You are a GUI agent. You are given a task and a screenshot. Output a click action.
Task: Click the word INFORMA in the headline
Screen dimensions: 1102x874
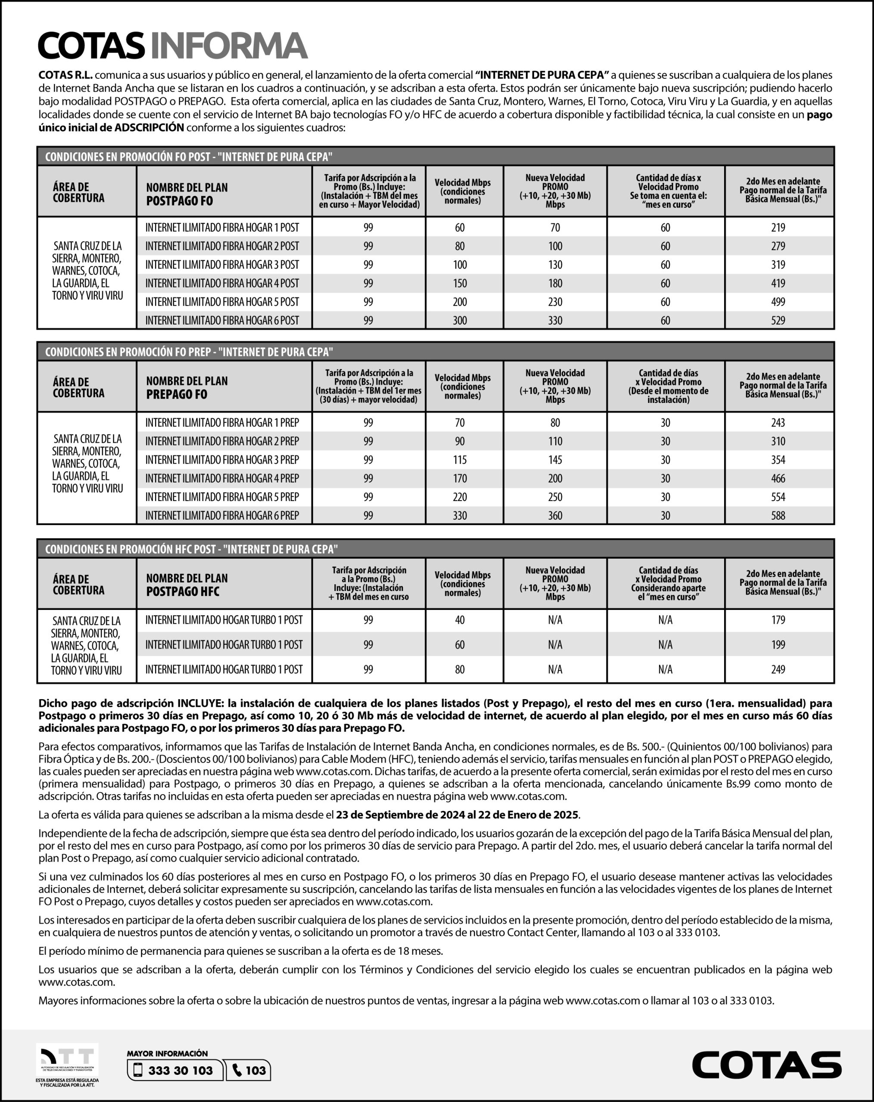click(229, 46)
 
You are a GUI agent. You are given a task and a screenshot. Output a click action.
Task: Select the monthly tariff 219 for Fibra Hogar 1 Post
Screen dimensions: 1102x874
click(778, 227)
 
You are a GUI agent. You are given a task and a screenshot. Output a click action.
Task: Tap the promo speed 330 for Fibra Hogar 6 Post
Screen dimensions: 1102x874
click(555, 320)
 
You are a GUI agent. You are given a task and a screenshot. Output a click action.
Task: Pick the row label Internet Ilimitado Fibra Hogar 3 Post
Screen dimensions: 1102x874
click(222, 265)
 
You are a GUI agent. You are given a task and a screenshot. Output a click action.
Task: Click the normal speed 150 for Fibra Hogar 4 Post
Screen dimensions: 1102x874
click(460, 283)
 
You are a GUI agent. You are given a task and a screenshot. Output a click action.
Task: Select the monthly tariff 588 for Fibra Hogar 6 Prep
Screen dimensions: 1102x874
click(778, 515)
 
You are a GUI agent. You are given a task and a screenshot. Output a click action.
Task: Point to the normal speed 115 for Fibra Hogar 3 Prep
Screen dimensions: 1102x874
click(460, 459)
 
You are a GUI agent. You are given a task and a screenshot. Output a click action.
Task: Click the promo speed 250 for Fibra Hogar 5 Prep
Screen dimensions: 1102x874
click(555, 497)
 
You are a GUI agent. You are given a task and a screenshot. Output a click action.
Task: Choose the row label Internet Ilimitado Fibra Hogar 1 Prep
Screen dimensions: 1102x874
click(222, 423)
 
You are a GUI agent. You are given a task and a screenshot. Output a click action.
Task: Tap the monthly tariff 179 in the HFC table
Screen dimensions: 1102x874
click(778, 620)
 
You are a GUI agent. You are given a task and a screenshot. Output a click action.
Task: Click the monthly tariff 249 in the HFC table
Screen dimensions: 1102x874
click(778, 669)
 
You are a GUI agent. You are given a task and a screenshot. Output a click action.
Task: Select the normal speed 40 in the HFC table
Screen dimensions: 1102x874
click(460, 620)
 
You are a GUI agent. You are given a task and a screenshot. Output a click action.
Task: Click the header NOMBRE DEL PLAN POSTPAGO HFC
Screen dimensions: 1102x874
click(187, 585)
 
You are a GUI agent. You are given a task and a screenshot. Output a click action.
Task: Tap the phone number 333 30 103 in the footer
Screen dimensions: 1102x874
click(180, 1070)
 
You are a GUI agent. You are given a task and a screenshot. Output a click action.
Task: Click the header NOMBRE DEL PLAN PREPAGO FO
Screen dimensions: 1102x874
click(187, 387)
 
